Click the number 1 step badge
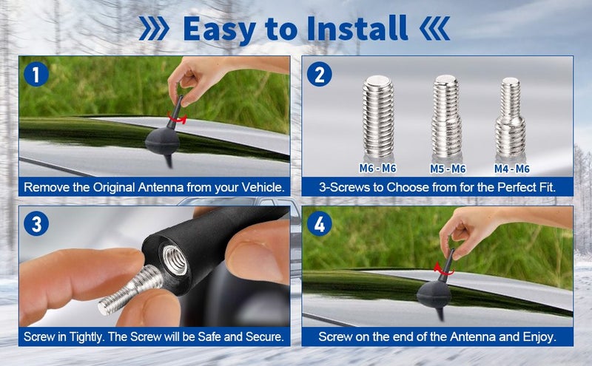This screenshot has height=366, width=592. (x=36, y=75)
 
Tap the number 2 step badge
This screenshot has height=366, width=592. (x=320, y=75)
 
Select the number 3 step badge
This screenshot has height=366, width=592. (x=36, y=224)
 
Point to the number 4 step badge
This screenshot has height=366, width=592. (x=320, y=224)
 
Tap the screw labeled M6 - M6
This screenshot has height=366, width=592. (x=378, y=119)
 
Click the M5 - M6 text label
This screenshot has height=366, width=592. (x=447, y=169)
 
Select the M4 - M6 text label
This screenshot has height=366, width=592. (x=512, y=169)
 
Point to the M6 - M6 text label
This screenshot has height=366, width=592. (x=378, y=169)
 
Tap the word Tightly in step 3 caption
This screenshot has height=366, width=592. (x=92, y=337)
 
